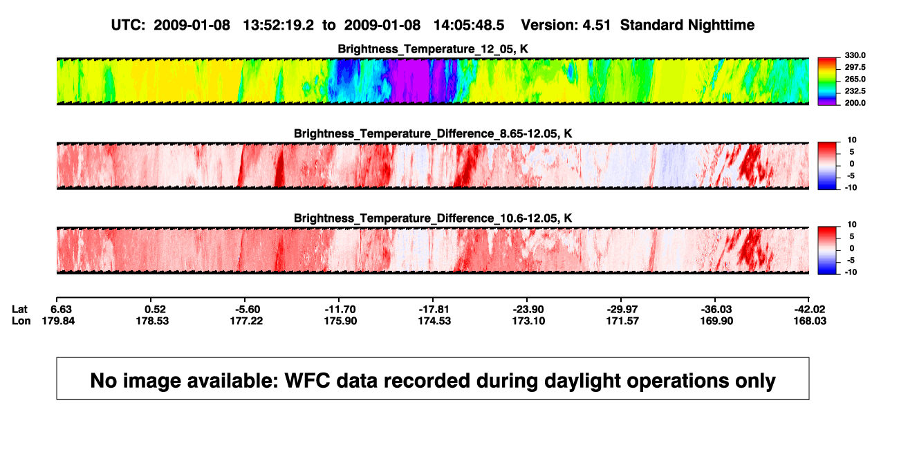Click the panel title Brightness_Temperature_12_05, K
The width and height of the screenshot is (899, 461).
pos(433,49)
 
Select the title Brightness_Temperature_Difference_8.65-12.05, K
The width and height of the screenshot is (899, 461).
pos(433,133)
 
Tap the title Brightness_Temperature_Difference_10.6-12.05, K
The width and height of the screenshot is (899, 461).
pos(433,218)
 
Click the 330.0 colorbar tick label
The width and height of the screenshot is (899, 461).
pos(855,55)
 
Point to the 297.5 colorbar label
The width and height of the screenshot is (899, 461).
pos(855,67)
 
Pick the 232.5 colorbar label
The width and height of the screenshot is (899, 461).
pos(855,91)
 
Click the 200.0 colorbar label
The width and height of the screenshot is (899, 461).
pos(855,103)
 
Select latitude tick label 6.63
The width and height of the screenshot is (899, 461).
pos(61,310)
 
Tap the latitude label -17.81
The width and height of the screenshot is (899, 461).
pos(434,310)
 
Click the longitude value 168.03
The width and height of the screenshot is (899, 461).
pos(810,321)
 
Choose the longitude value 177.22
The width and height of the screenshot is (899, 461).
pos(246,321)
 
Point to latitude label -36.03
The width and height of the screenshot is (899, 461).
pos(716,310)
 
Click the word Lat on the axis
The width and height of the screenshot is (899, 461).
pos(19,310)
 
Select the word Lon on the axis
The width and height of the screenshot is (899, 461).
pos(21,321)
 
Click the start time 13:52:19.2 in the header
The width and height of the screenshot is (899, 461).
pos(279,26)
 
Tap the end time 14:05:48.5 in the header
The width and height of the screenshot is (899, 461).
pos(469,26)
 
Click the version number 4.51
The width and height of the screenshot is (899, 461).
pos(597,26)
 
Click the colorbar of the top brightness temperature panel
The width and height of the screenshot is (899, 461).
pos(827,82)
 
